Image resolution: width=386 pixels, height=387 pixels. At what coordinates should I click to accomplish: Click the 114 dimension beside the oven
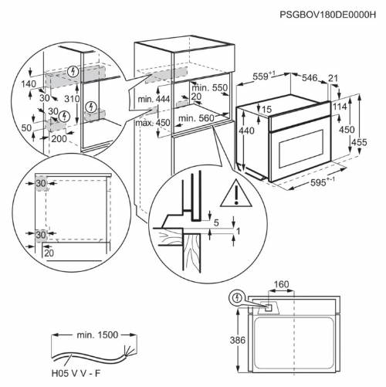click(340, 107)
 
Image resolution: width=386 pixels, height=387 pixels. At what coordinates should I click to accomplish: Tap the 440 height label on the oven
click(245, 132)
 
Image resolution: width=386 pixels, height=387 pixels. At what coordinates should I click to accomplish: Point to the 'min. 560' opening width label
click(195, 118)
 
